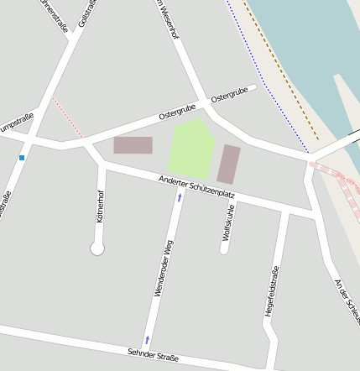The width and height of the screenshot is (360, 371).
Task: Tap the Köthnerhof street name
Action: [x=101, y=206]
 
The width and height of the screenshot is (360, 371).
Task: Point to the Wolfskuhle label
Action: [x=228, y=223]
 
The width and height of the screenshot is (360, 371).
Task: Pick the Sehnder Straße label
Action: [x=153, y=356]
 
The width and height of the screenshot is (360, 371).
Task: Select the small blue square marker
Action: [x=22, y=157]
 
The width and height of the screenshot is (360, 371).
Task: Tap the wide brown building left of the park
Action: [x=133, y=145]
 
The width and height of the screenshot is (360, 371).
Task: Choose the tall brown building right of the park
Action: [x=228, y=164]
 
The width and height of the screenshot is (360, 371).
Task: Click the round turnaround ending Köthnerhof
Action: [x=97, y=248]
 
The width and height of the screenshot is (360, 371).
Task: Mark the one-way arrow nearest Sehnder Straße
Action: [x=148, y=339]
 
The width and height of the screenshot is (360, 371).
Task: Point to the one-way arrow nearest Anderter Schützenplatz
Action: [x=179, y=198]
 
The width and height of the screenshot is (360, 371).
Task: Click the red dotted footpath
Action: [x=67, y=117]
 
